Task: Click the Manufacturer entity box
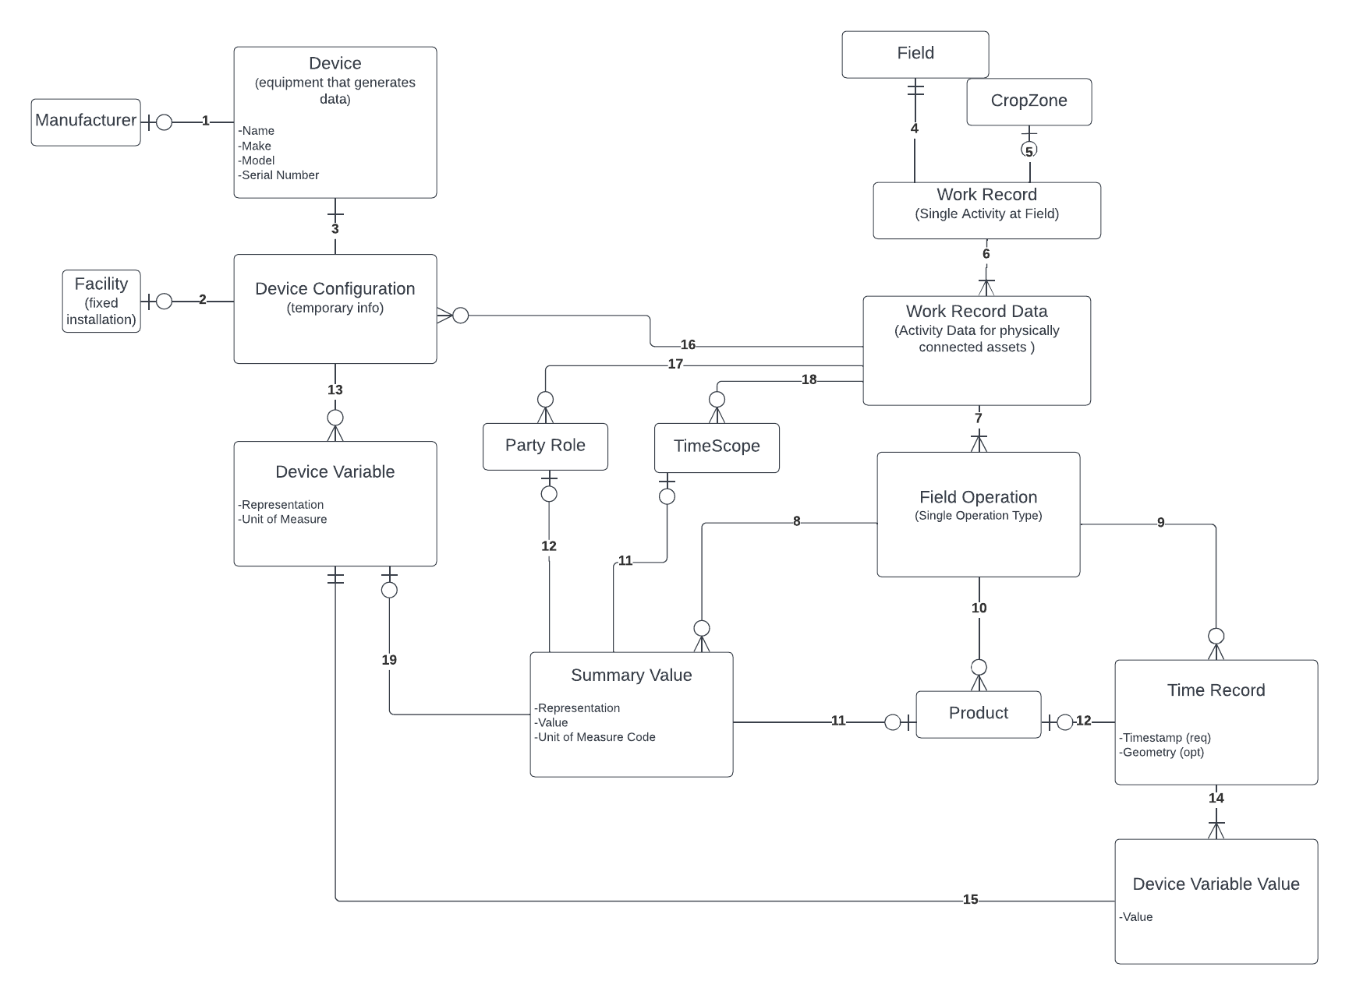[86, 122]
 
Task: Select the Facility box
[101, 301]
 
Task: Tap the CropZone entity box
[1029, 101]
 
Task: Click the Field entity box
[915, 54]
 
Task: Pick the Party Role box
[545, 446]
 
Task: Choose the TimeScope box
[717, 446]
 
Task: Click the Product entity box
[978, 714]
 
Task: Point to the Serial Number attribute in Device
[280, 175]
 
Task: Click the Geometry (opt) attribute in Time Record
[1162, 753]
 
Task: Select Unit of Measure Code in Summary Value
[596, 737]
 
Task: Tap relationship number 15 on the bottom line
[970, 900]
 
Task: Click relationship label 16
[688, 345]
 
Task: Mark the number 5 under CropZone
[1029, 151]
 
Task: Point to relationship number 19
[389, 660]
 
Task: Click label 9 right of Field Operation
[1160, 523]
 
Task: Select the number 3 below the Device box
[335, 229]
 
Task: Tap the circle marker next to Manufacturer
[164, 122]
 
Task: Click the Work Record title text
[986, 195]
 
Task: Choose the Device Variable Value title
[1216, 884]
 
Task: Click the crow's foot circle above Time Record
[1216, 637]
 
